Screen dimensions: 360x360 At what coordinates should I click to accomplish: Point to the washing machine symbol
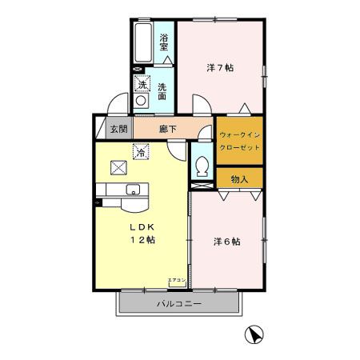[141, 101]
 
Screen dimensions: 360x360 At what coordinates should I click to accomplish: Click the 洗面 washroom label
[162, 92]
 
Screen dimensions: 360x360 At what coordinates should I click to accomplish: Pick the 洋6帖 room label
[227, 241]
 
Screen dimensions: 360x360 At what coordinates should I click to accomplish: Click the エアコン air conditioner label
[177, 280]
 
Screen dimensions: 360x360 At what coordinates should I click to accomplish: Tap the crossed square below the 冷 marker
[119, 166]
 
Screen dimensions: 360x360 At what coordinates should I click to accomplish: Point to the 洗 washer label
[142, 85]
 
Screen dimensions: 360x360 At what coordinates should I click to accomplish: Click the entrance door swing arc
[116, 104]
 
